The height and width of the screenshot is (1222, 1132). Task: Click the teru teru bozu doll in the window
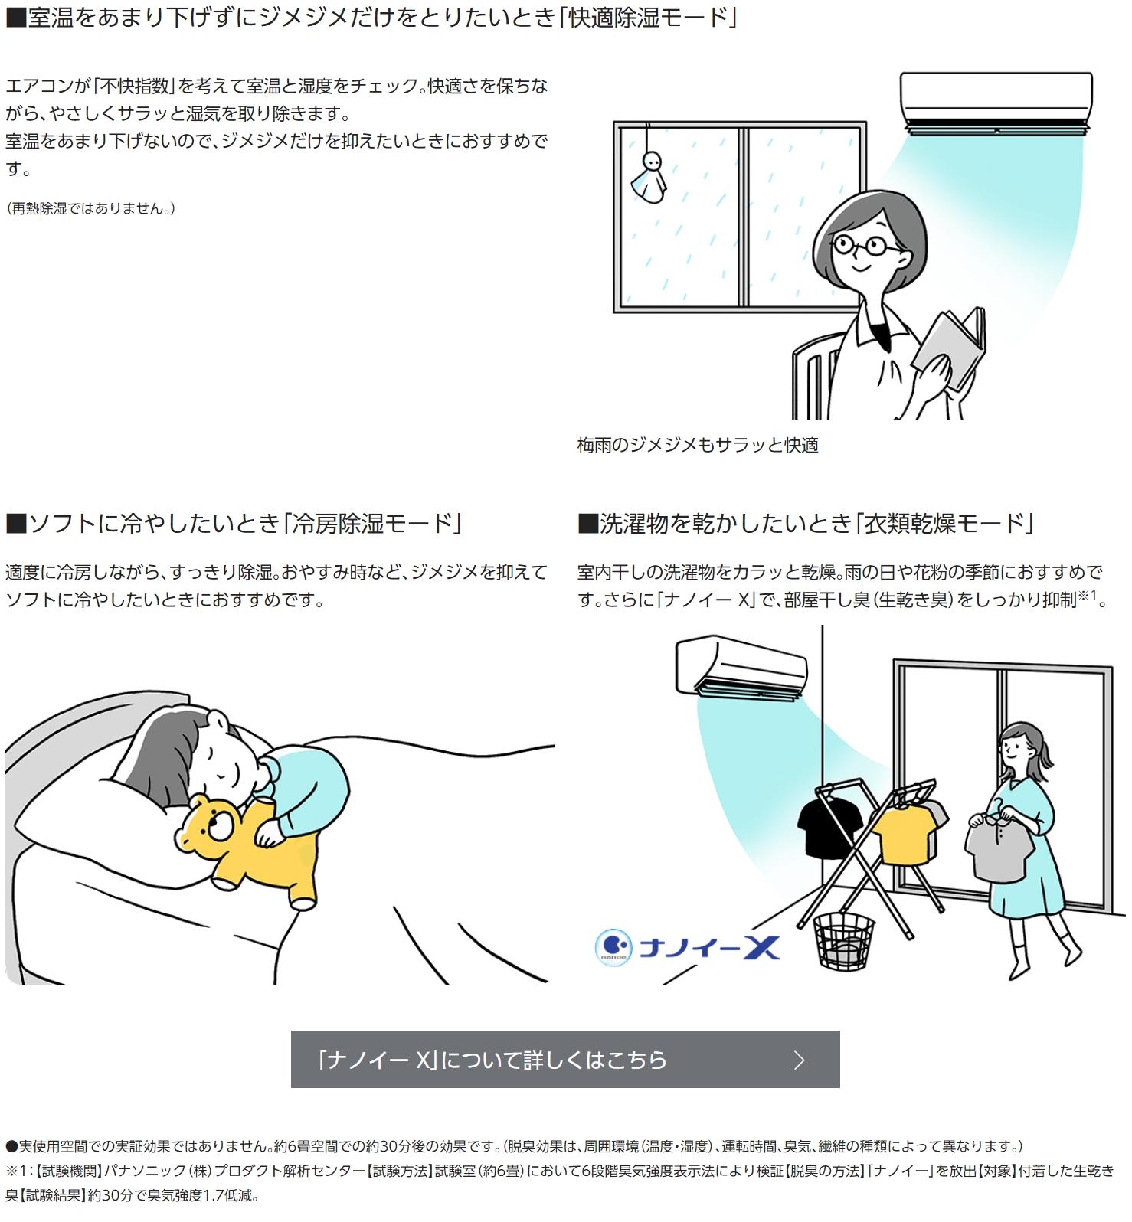point(650,178)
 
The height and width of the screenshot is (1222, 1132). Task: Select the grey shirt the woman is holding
point(995,849)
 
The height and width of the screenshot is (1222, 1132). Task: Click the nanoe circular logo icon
point(613,947)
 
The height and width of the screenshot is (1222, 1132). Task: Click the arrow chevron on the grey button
point(800,1060)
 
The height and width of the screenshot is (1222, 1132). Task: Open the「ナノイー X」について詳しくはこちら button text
point(492,1060)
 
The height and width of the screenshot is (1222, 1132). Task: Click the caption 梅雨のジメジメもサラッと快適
point(698,445)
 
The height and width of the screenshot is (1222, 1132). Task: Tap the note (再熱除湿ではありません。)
point(90,208)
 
